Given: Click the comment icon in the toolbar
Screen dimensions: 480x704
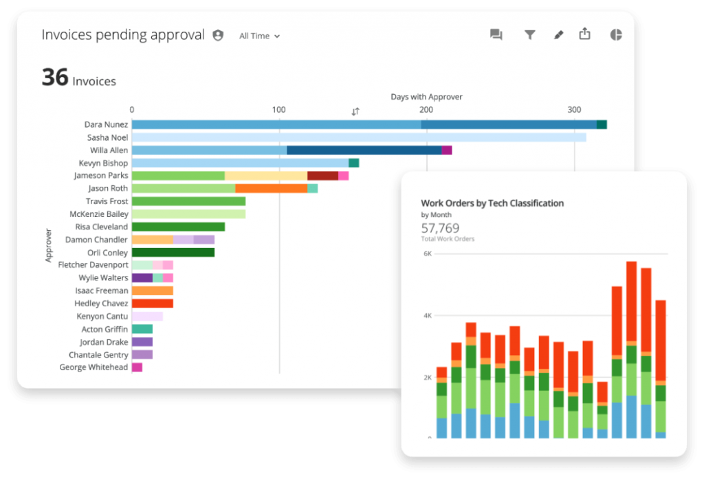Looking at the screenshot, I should [x=496, y=35].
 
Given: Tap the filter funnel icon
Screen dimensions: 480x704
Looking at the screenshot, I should [x=529, y=35].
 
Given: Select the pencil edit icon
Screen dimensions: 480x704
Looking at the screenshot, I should [x=558, y=35].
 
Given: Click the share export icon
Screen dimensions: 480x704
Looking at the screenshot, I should [x=584, y=34].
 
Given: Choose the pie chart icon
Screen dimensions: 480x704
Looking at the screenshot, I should [x=615, y=35].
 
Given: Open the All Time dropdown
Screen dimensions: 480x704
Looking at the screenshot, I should [x=259, y=36].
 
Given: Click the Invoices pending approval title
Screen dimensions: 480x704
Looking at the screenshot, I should [x=123, y=35].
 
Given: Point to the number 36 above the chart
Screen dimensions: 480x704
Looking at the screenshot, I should [x=55, y=78].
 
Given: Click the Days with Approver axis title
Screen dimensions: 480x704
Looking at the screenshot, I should [x=426, y=97].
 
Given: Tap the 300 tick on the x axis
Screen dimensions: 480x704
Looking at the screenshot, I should [x=574, y=110].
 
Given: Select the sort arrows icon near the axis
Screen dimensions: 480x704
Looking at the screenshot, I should [x=355, y=111].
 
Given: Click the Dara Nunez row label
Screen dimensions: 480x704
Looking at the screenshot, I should [x=106, y=125].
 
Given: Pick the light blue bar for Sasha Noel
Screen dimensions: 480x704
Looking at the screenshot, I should [x=358, y=137].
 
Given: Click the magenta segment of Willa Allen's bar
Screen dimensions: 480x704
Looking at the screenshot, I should [x=447, y=150].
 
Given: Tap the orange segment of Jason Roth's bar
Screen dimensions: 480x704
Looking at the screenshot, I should [x=271, y=188].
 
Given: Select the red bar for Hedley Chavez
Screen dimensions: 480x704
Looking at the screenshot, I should [x=152, y=304].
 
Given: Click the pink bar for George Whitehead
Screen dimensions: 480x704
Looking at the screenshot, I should [x=137, y=367].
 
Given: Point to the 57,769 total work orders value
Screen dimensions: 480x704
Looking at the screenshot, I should [x=440, y=228].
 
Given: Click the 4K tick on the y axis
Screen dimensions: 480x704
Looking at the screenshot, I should [x=427, y=316].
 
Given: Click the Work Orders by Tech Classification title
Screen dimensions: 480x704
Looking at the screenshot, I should [x=492, y=203].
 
